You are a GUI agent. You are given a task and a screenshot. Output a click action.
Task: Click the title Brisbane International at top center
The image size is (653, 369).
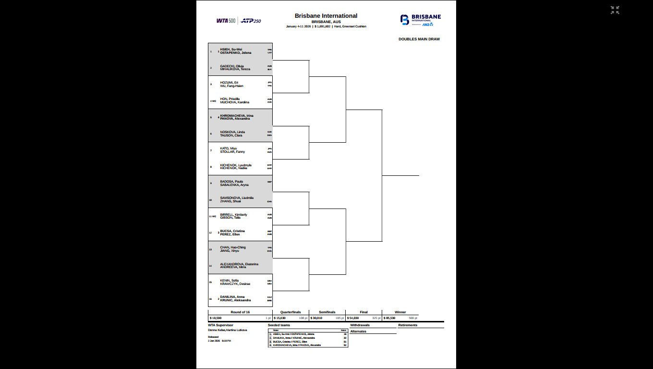coord(326,16)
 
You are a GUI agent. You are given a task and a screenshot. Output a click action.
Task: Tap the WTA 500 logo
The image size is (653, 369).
coord(226,21)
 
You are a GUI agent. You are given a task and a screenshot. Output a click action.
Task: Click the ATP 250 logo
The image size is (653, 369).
coord(251,21)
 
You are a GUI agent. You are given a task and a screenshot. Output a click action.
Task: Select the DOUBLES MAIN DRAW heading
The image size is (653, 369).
coord(419,39)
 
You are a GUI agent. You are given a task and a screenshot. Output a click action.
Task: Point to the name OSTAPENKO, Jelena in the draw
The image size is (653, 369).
coord(236,53)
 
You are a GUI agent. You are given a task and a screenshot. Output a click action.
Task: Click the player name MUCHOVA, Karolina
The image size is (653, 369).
coord(235,102)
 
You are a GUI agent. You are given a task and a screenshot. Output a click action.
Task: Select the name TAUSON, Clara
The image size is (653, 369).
coord(231,135)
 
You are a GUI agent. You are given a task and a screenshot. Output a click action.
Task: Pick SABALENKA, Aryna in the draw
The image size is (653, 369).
coord(234,185)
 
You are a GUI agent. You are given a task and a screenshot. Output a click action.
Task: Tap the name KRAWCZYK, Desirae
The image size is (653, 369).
coord(235,284)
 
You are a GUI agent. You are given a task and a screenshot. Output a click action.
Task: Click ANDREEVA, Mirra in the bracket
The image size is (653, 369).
coord(233,267)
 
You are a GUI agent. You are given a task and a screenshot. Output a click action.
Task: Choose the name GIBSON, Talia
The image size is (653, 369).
coord(230,218)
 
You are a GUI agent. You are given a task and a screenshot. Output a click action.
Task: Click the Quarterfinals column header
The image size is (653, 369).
coord(290,312)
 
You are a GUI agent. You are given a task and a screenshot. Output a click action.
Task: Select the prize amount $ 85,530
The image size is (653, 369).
coord(389,318)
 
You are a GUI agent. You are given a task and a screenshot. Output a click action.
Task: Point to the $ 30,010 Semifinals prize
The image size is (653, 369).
coord(316,318)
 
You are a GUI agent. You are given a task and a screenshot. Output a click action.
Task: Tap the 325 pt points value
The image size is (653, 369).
coord(376,318)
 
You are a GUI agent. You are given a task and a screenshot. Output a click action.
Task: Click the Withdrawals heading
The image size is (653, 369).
coord(360,325)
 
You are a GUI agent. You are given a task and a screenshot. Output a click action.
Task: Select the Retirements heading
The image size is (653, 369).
coord(408,325)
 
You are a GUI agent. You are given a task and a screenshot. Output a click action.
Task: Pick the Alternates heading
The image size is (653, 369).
coord(358,332)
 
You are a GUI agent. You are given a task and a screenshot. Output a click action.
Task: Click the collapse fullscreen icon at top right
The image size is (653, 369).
coord(615,10)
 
